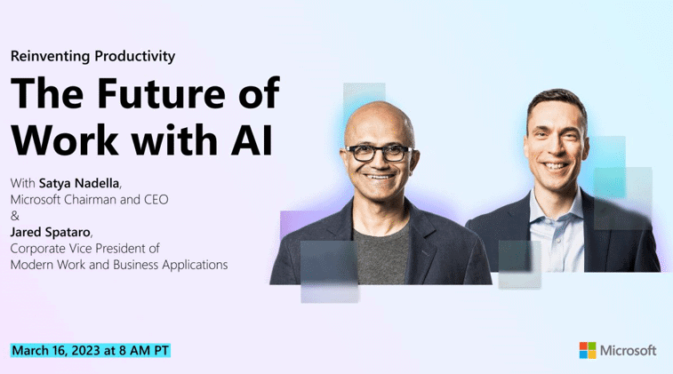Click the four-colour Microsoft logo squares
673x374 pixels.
tap(588, 350)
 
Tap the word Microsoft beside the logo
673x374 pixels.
tap(628, 350)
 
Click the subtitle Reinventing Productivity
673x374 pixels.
tap(92, 56)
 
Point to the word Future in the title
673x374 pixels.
tap(162, 93)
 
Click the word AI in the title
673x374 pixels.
tap(252, 140)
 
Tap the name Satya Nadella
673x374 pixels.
tap(79, 183)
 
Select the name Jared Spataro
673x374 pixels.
tap(50, 232)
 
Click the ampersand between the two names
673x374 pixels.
tap(15, 216)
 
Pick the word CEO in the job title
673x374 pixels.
tap(156, 200)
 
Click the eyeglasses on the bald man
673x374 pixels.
tap(377, 153)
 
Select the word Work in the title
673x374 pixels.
tap(64, 140)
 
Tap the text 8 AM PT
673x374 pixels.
tap(144, 350)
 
